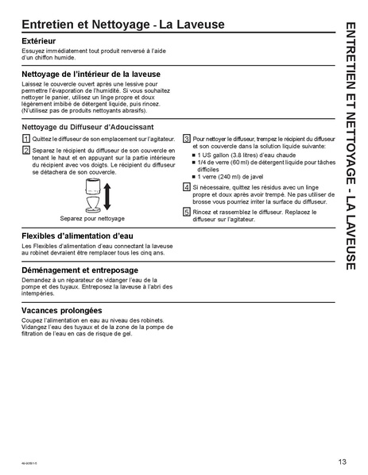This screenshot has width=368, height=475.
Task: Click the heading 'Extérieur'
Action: pyautogui.click(x=39, y=39)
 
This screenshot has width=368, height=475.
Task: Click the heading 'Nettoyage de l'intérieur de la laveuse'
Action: pyautogui.click(x=93, y=73)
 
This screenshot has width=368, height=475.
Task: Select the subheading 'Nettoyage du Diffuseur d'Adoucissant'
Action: pyautogui.click(x=87, y=126)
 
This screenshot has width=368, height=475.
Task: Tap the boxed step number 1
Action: pyautogui.click(x=25, y=138)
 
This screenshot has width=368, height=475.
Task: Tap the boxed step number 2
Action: pyautogui.click(x=25, y=147)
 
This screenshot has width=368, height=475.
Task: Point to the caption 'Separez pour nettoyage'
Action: pyautogui.click(x=92, y=217)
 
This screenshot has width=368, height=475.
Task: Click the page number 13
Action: pyautogui.click(x=341, y=461)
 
